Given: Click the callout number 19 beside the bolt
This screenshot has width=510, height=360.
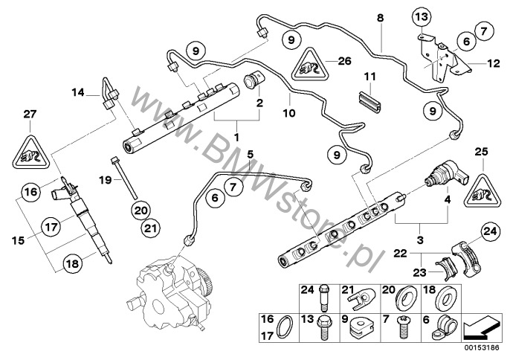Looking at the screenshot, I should coord(104,179).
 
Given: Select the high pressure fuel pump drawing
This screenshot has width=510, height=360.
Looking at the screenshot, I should coord(171,298).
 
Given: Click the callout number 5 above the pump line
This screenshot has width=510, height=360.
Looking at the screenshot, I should coord(251,154).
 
